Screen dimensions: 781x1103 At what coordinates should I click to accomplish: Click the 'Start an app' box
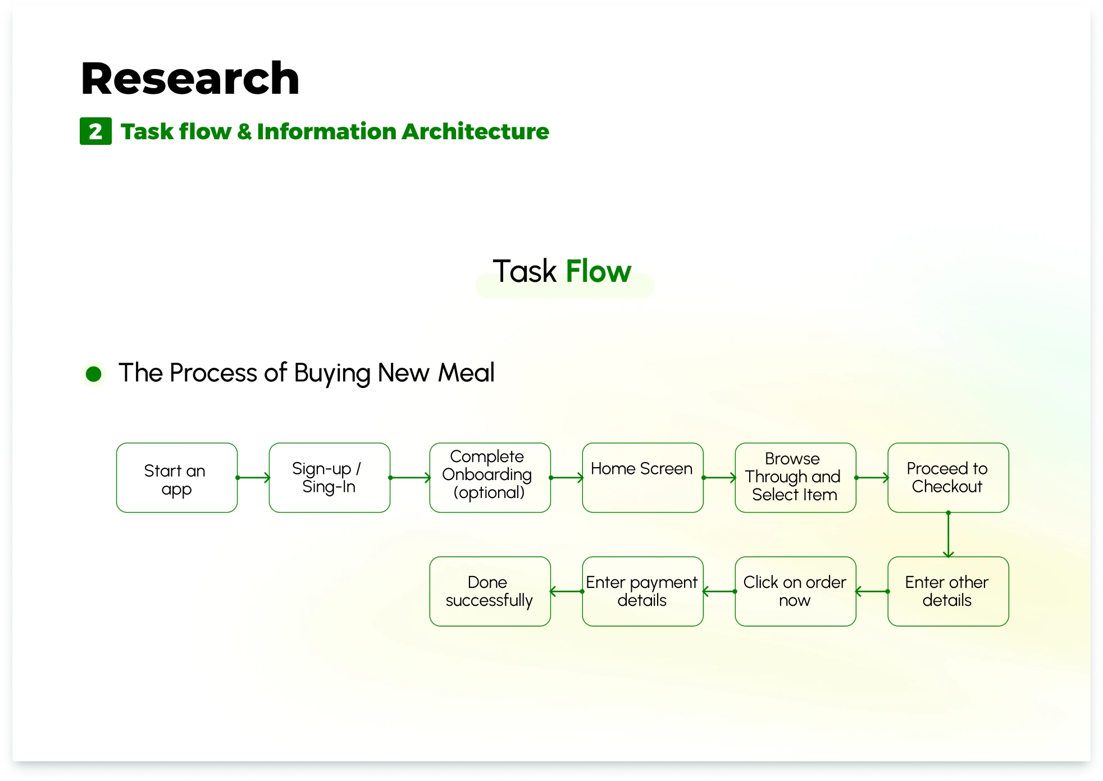176,478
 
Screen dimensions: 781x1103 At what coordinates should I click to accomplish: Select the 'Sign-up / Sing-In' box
329,478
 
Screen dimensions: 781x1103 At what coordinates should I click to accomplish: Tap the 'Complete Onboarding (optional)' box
490,478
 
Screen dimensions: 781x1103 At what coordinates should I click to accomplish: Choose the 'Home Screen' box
642,478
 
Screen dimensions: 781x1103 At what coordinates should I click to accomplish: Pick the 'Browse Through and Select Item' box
795,478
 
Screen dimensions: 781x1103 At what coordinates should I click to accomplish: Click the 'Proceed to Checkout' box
948,478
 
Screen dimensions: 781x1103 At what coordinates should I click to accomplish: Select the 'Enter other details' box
948,591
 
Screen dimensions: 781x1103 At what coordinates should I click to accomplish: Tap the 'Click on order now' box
795,591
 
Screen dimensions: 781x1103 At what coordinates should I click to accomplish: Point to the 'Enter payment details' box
642,591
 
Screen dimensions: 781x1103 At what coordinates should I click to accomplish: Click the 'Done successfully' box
490,591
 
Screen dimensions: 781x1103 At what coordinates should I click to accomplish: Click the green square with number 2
95,131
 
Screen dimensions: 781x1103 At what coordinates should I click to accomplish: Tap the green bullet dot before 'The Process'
94,374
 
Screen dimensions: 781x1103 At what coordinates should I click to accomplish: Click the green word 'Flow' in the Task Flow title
598,272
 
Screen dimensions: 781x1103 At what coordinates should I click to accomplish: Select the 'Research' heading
190,79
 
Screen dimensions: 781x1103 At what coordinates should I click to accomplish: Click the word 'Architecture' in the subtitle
475,131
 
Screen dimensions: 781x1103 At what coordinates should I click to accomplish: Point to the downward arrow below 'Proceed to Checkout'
948,535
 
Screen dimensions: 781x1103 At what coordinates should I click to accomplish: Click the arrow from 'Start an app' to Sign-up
253,478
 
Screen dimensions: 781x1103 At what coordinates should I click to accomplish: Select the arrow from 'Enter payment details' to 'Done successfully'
567,591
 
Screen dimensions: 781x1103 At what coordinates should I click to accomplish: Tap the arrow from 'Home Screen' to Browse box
719,478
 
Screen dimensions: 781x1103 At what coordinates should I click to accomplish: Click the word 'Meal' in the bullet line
466,373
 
